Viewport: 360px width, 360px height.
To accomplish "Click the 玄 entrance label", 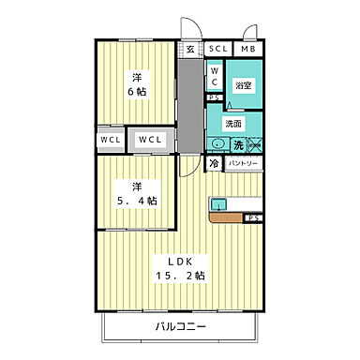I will [x=190, y=49].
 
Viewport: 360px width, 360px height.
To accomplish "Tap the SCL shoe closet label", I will [x=217, y=49].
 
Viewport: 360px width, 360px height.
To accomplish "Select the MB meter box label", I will [x=248, y=49].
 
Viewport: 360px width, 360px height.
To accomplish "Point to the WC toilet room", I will [x=214, y=76].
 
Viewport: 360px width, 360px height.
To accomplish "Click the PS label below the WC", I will [x=214, y=97].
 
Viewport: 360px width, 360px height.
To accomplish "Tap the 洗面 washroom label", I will [x=234, y=123].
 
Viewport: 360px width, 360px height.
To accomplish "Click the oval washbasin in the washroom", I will [x=217, y=143].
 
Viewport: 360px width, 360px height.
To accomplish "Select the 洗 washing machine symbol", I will [x=238, y=143].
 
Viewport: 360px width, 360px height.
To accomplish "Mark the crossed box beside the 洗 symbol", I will [x=254, y=143].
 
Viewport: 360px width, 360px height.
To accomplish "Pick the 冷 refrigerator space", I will [x=214, y=163].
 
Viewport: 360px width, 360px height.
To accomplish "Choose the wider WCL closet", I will [x=150, y=141].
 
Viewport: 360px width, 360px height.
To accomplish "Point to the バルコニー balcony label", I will [x=180, y=327].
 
